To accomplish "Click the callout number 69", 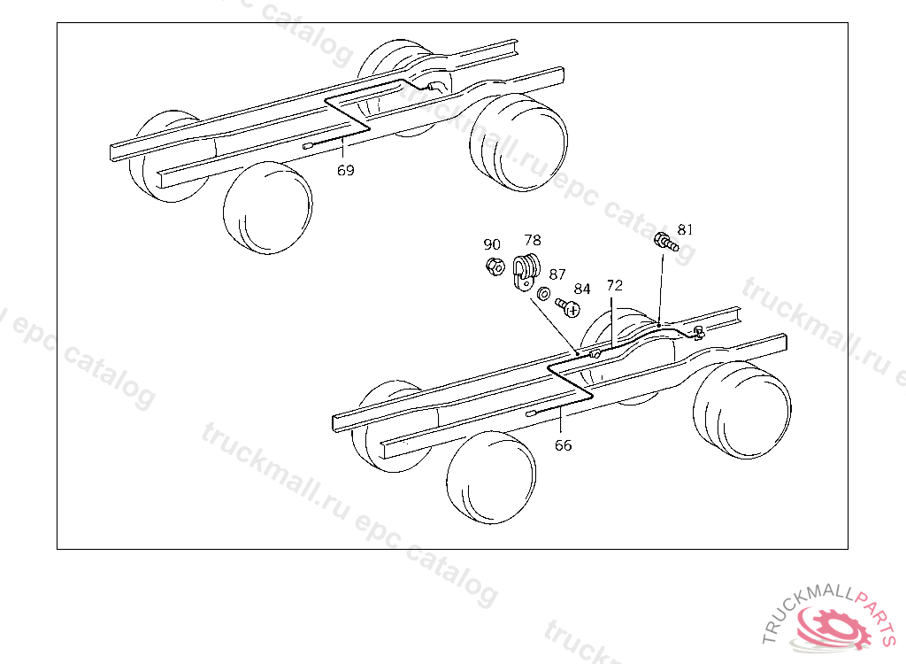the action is click(x=346, y=170).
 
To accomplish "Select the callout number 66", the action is click(x=564, y=445).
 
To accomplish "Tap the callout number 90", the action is click(x=492, y=244).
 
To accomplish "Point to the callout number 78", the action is click(x=533, y=240).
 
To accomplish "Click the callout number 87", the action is click(x=557, y=274).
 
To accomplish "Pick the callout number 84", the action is click(x=582, y=289).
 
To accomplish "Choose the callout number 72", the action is click(x=615, y=285).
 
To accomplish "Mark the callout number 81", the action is click(x=685, y=229).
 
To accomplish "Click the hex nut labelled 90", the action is click(x=495, y=266).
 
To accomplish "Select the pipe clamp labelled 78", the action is click(x=525, y=271).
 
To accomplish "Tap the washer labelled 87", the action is click(x=543, y=294).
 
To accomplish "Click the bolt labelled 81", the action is click(x=666, y=242).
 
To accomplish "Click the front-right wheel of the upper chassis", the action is click(x=268, y=207).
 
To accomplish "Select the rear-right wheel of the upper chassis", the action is click(x=518, y=143).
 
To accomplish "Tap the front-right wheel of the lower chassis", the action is click(x=491, y=477).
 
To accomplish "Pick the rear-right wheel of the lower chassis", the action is click(x=742, y=411).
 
